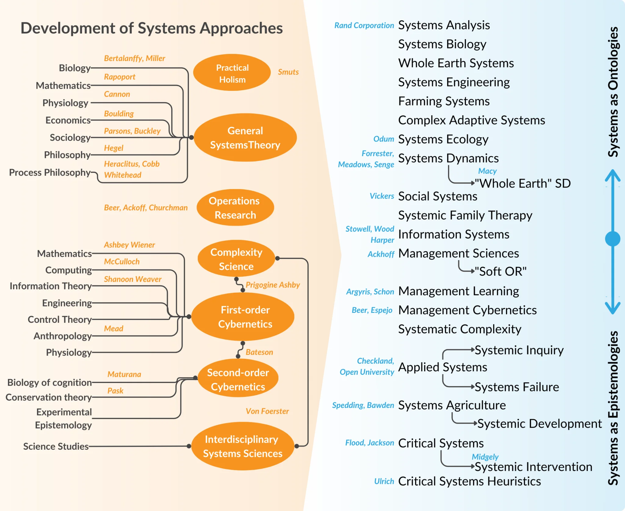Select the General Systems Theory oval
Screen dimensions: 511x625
245,138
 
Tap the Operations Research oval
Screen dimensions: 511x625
235,208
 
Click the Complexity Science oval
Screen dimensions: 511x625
236,259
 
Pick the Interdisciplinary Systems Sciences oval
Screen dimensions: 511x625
243,446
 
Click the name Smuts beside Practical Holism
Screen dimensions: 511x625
288,72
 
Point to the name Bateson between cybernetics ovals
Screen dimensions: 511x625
259,352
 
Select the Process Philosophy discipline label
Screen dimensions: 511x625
50,172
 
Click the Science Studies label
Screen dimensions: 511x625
56,446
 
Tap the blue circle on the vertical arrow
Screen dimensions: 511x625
612,238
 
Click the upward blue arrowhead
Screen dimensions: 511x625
612,176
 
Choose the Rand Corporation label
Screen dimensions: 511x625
364,26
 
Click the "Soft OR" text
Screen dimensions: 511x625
500,271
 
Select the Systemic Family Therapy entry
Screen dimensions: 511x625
465,216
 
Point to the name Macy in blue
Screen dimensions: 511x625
487,171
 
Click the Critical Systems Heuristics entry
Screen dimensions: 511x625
469,481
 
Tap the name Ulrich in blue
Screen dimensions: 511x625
384,481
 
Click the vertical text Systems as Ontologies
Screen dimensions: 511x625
613,91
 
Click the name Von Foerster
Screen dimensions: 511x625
267,411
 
